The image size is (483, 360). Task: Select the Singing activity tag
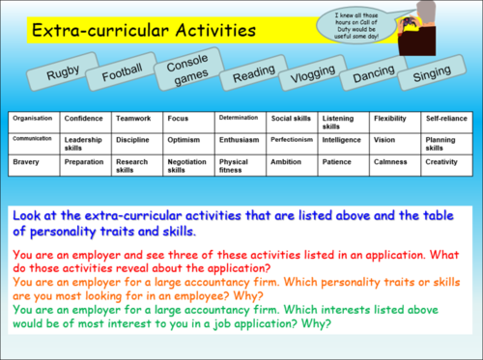(431, 74)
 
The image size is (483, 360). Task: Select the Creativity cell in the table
(446, 162)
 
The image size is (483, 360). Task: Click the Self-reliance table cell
(446, 119)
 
